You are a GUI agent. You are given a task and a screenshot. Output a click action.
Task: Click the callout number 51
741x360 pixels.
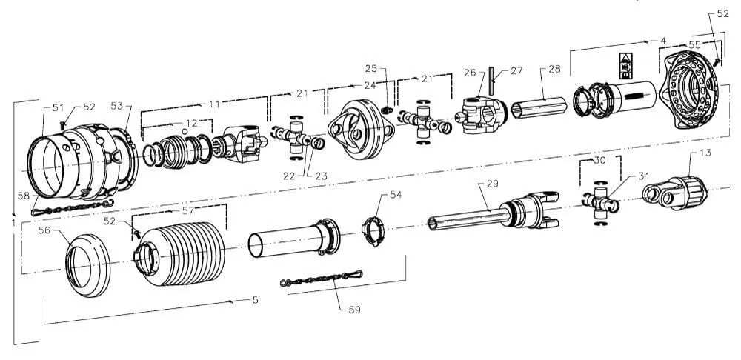click(x=58, y=108)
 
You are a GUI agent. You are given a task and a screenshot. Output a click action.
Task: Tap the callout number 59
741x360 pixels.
click(x=354, y=310)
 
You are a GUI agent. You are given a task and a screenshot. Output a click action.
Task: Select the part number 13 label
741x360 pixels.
click(x=705, y=153)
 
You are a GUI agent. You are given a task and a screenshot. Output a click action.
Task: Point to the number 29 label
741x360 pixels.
click(x=493, y=183)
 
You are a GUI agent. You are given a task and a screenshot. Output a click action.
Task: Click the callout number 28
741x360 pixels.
click(x=554, y=69)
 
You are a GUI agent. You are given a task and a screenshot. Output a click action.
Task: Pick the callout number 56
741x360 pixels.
click(x=44, y=230)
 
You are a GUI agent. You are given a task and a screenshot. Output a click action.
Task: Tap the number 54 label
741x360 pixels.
click(x=396, y=195)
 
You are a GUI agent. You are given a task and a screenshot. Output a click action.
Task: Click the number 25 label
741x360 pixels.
click(x=371, y=68)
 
